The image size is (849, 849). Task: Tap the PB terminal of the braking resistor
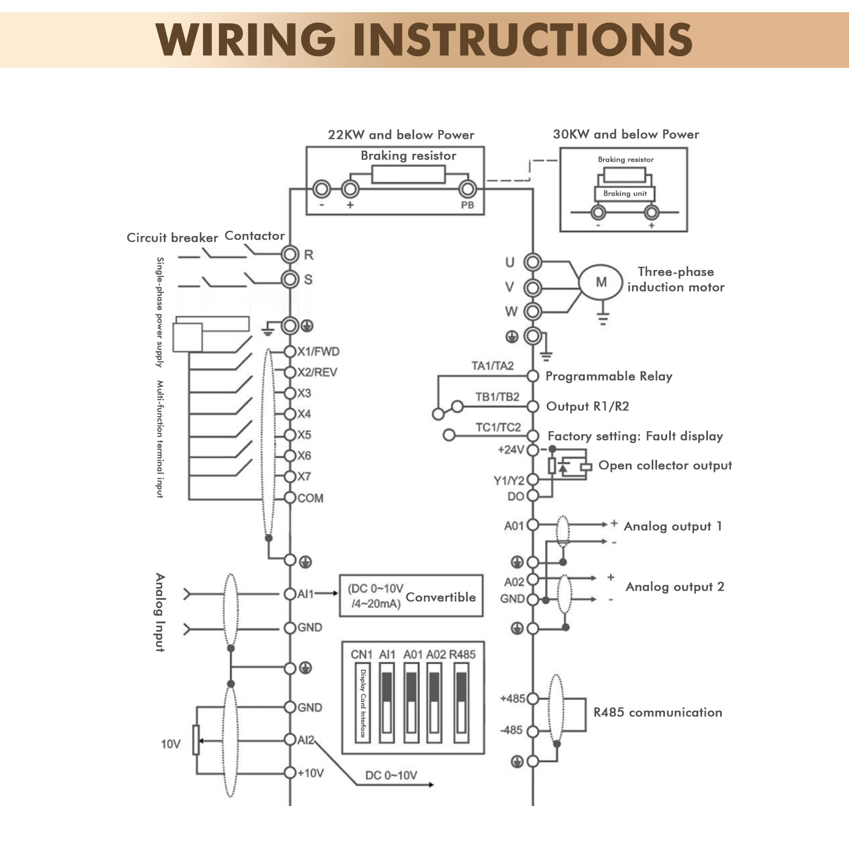(467, 189)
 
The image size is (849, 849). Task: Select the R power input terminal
(290, 255)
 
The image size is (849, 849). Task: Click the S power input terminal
(290, 279)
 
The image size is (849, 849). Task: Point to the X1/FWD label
(318, 352)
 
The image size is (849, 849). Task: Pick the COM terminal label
(310, 498)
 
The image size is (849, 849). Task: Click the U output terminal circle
(532, 262)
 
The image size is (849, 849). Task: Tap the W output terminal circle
(532, 311)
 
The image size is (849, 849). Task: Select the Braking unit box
(625, 194)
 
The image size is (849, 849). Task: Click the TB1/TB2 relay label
(497, 397)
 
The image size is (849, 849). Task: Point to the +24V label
(511, 450)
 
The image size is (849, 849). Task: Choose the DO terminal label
(515, 496)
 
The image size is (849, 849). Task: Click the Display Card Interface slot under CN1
(363, 702)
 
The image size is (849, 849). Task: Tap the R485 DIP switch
(461, 702)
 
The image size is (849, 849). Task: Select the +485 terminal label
(513, 698)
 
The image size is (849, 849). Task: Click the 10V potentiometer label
(170, 744)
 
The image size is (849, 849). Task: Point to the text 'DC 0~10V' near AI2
(391, 775)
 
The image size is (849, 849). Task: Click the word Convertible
(441, 597)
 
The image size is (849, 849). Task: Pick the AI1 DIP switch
(387, 702)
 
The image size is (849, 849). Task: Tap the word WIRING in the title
(246, 40)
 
